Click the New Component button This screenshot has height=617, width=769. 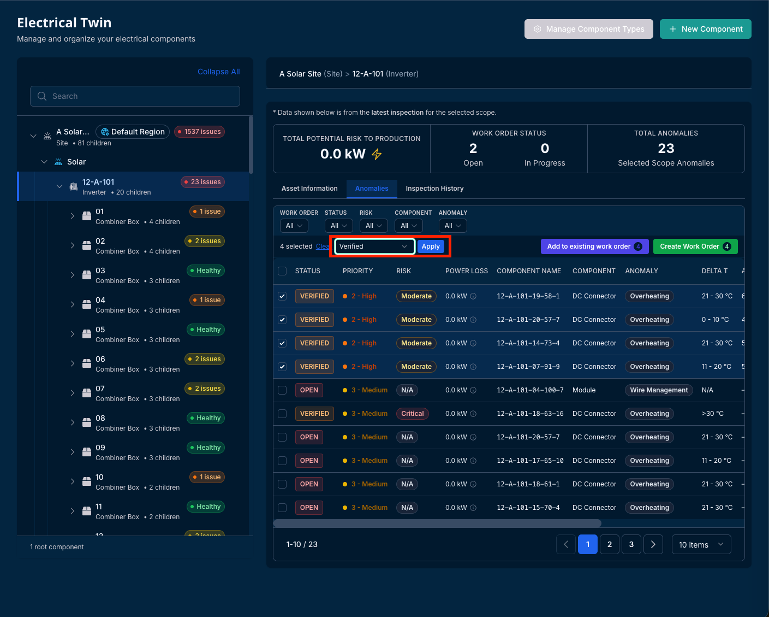tap(705, 29)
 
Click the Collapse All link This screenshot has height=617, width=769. tap(218, 72)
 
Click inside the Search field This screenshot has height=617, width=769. tap(135, 96)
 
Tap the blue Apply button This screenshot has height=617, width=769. tap(430, 246)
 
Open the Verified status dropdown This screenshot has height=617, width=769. tap(374, 246)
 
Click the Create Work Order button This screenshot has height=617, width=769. tap(695, 246)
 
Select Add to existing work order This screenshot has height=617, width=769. tap(594, 246)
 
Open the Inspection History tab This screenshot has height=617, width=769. tap(434, 188)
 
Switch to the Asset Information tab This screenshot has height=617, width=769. tap(309, 188)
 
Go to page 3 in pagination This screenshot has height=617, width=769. tap(631, 544)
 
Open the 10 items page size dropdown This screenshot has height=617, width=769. tap(701, 544)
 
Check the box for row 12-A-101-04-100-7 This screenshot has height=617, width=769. tap(282, 390)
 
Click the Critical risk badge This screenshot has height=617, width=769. tap(412, 413)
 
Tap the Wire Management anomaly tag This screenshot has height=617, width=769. tap(659, 390)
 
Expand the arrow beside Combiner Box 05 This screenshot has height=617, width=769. tap(73, 334)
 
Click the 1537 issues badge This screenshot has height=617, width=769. tap(199, 132)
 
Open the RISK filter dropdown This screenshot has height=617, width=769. tap(373, 226)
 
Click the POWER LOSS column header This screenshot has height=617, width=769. tap(466, 271)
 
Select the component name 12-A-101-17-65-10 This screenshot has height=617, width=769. tap(530, 461)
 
